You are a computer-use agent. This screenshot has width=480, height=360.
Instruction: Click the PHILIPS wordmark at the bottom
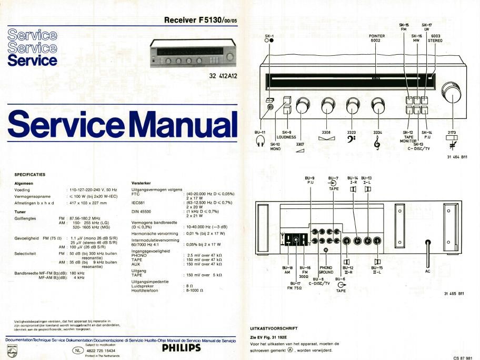(181, 348)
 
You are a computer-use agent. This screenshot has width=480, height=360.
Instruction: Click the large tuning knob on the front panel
(452, 92)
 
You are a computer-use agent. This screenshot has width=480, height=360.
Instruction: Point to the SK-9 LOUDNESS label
(286, 135)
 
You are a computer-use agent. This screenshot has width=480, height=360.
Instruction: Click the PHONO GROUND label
(326, 270)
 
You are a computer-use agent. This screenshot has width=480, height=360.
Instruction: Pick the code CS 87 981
(464, 356)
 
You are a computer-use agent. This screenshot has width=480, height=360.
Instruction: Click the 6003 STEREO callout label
(435, 38)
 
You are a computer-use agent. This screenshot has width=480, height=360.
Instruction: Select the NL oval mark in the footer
(78, 350)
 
